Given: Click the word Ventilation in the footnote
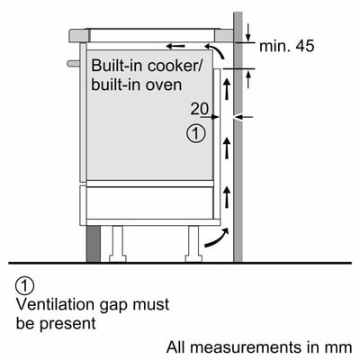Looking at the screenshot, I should [x=55, y=306].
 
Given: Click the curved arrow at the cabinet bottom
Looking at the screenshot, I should [x=215, y=236].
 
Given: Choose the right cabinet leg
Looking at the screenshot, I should [x=193, y=241].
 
